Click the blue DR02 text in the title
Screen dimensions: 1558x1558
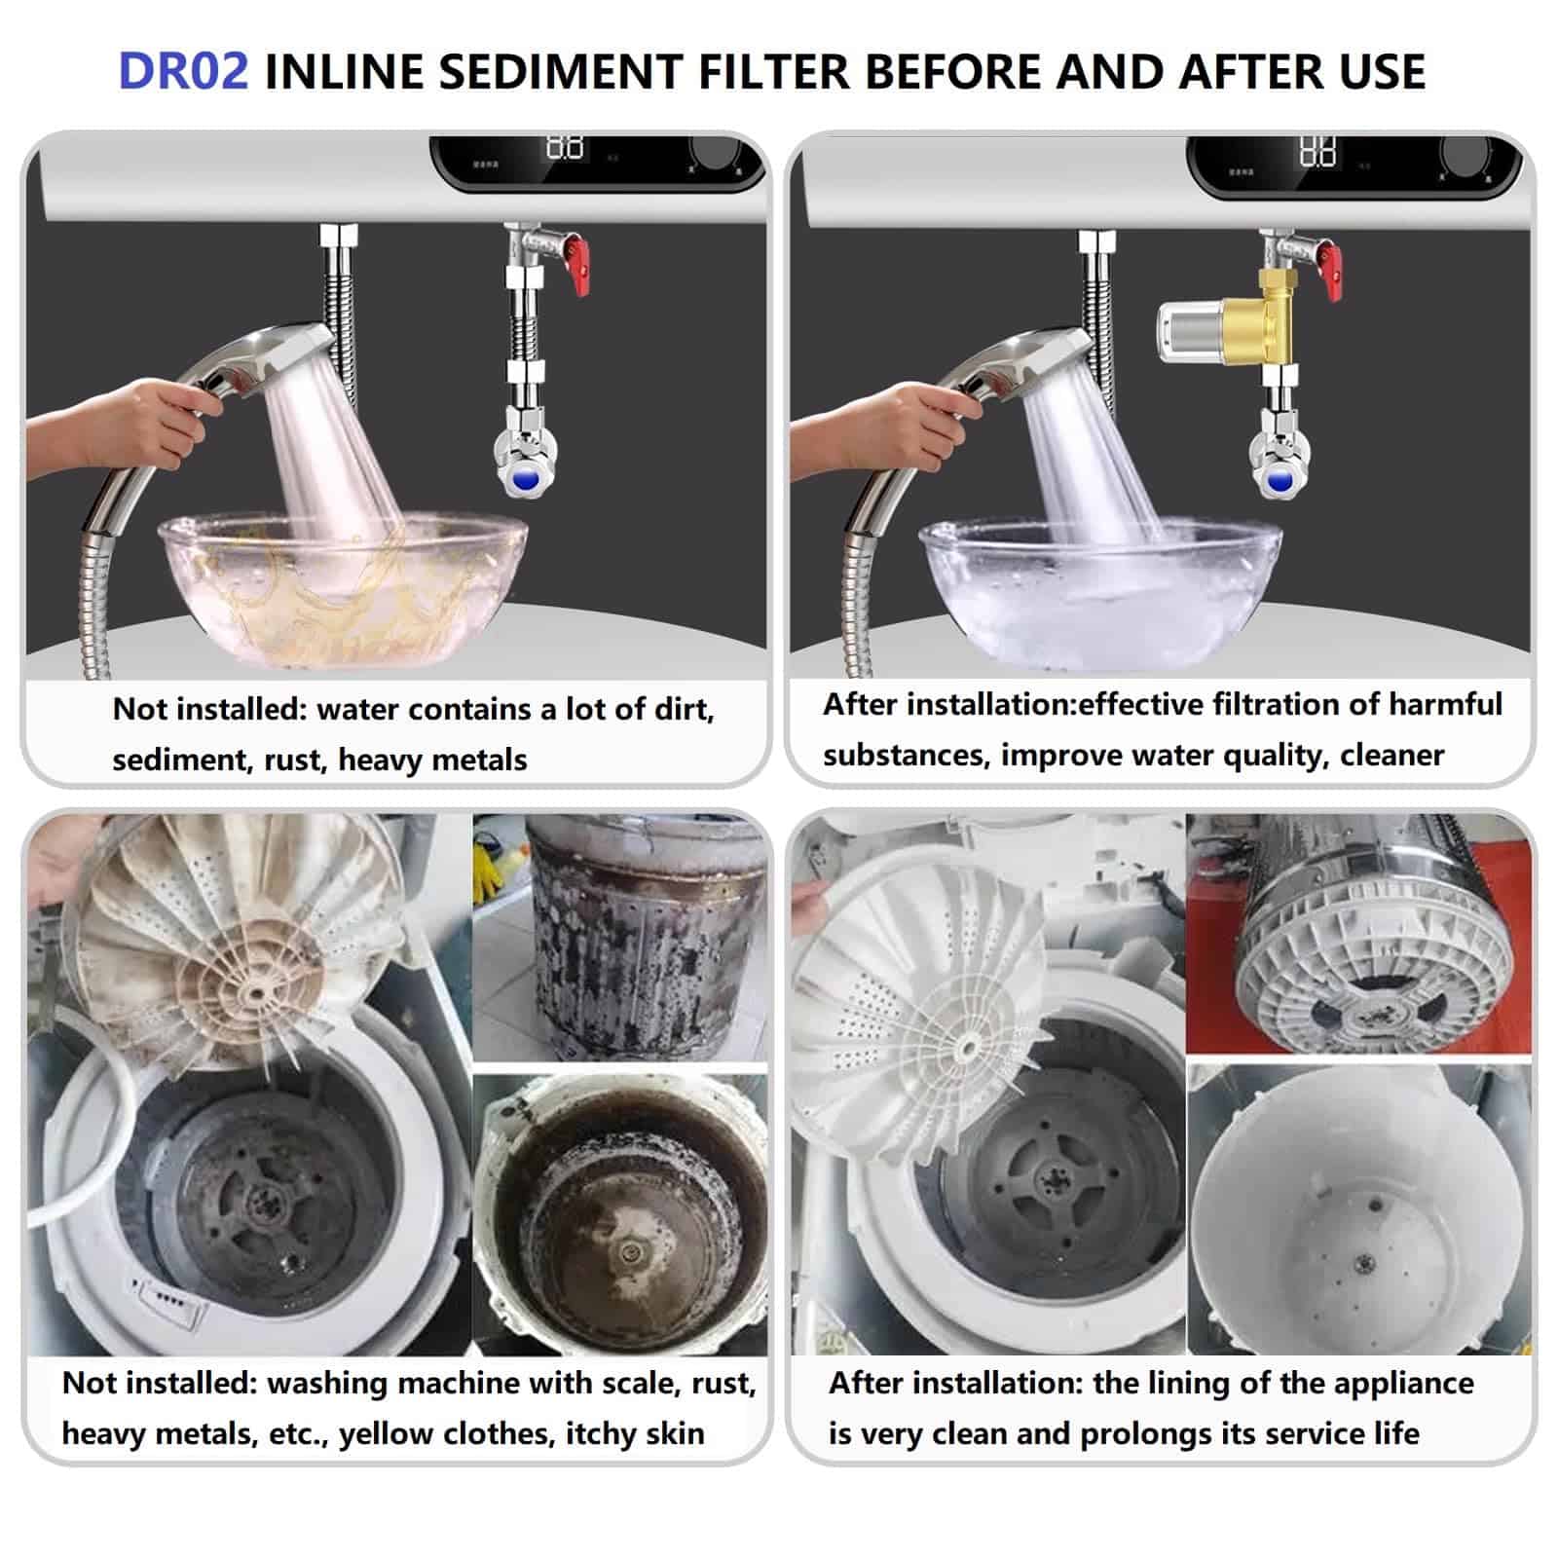pos(183,72)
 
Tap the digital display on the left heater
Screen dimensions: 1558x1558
pos(565,148)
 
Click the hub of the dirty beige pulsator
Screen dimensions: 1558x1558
pos(256,990)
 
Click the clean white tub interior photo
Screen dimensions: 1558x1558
pos(1358,1209)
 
